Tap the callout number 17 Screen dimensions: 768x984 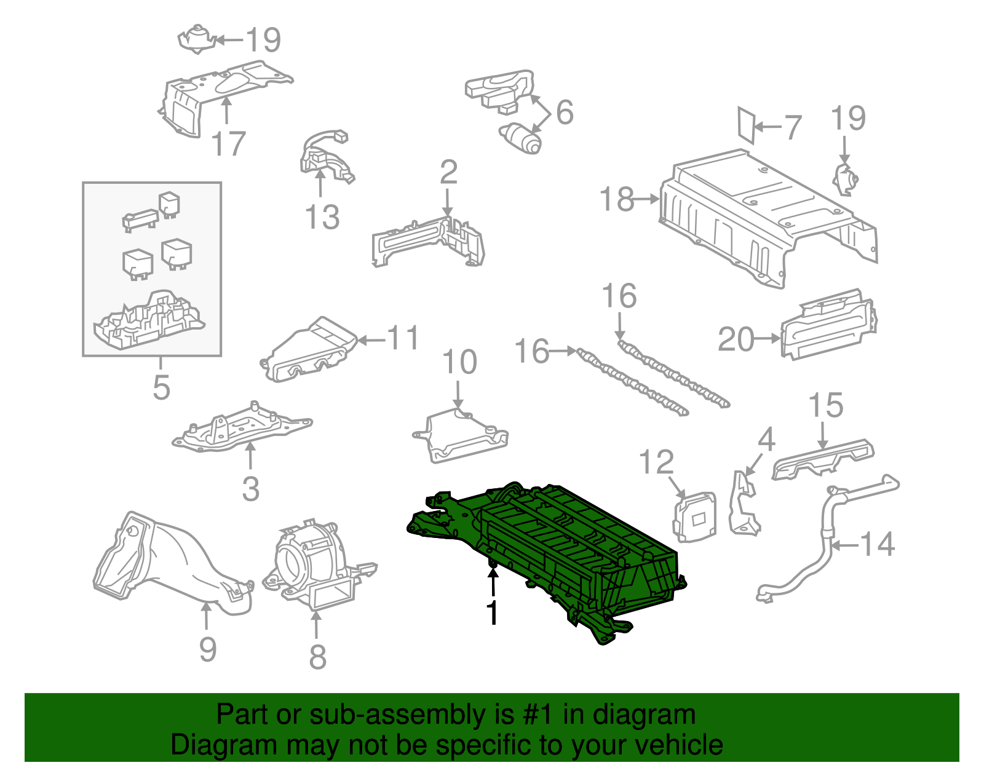tap(228, 144)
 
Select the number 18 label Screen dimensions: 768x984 tap(617, 199)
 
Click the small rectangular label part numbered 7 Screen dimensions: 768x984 tap(746, 125)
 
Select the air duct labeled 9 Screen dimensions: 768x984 tap(166, 560)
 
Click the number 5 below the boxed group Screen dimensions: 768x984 tap(161, 387)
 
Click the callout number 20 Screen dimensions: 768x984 tap(736, 339)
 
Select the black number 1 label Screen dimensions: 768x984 tap(492, 612)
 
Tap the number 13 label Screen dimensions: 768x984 tap(322, 217)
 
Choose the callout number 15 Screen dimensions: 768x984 tap(825, 406)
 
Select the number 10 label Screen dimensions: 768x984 tap(459, 362)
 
